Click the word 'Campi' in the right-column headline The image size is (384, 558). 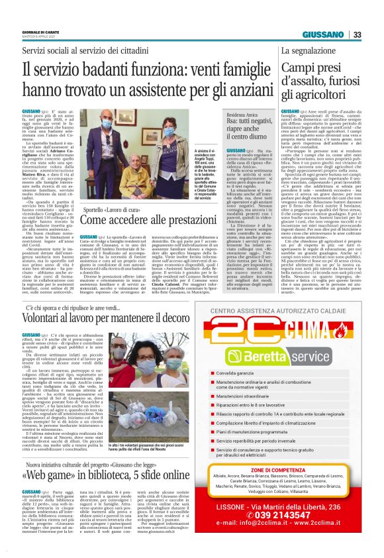(298, 68)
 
